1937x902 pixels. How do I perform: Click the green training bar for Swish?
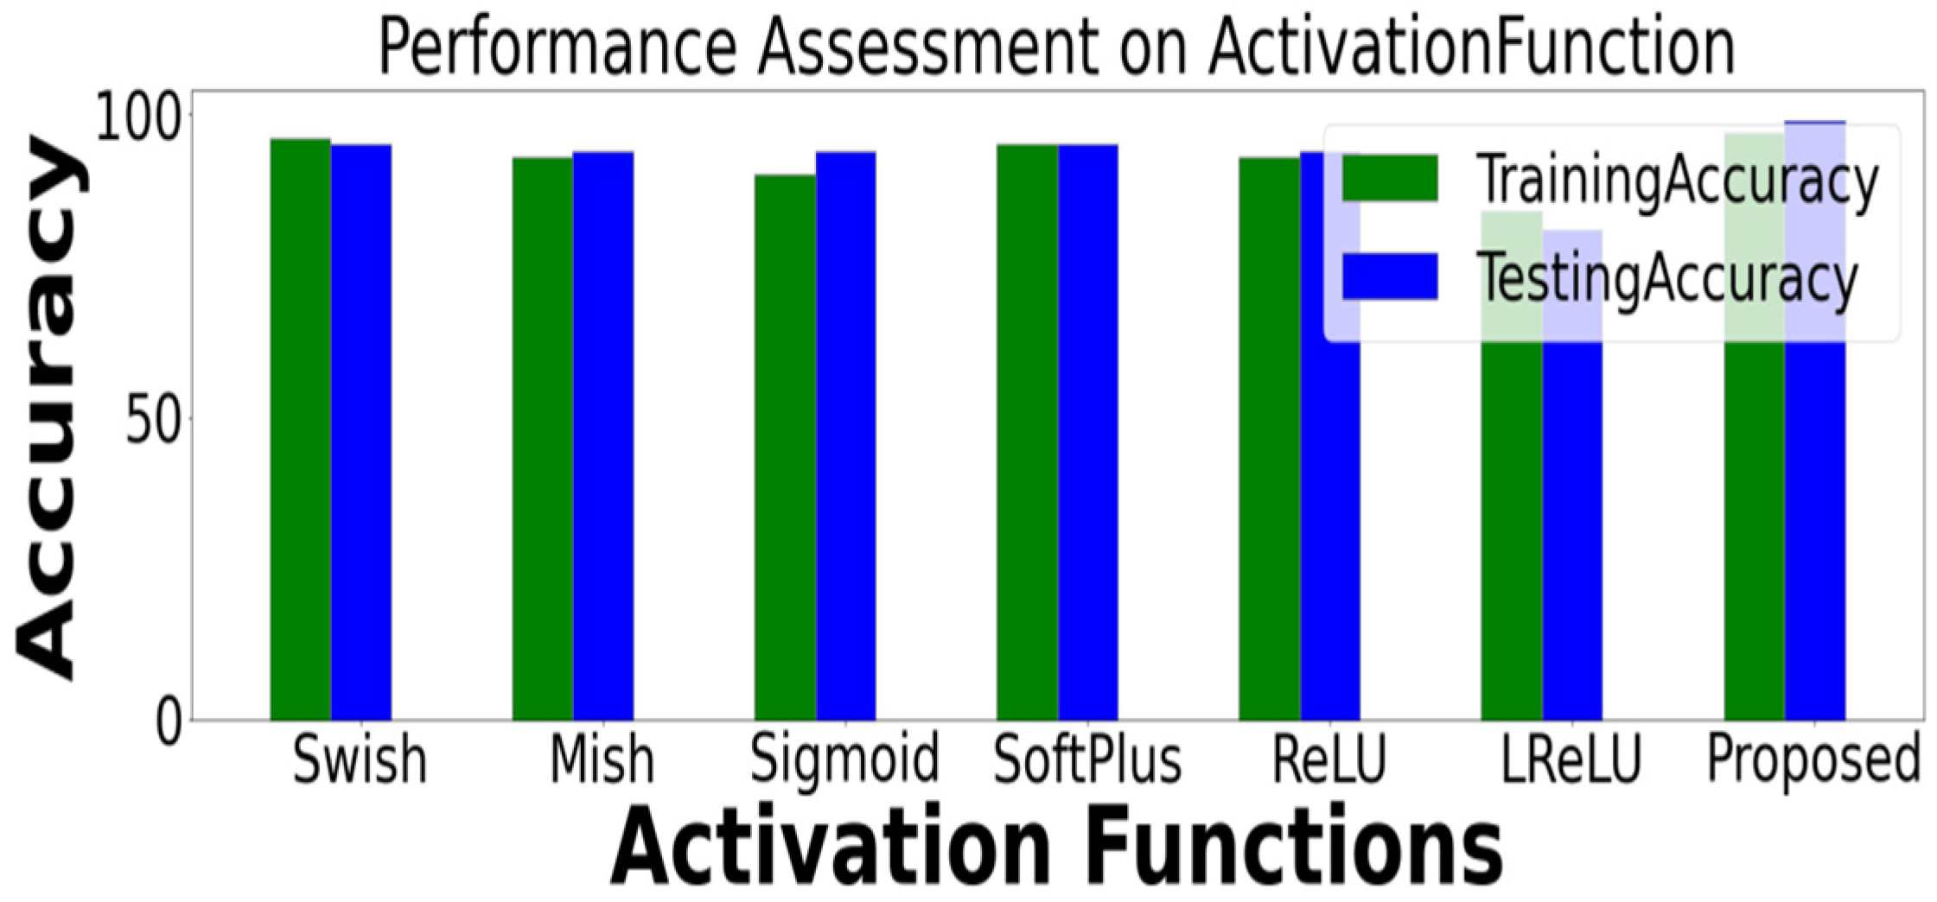click(x=301, y=429)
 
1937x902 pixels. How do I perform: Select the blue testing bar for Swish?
click(x=361, y=432)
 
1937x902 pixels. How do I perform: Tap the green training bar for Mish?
click(x=543, y=439)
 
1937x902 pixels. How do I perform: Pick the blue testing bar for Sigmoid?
click(x=846, y=435)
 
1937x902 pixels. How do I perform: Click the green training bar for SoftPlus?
click(x=1028, y=432)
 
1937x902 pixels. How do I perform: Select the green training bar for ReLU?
click(x=1270, y=439)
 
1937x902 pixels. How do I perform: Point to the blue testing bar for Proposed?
click(x=1815, y=421)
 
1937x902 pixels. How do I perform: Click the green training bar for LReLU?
click(x=1512, y=466)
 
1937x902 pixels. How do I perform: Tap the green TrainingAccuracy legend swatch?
click(x=1390, y=178)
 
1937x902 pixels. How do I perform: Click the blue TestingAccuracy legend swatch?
click(x=1390, y=276)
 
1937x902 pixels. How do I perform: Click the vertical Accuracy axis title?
click(x=50, y=406)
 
